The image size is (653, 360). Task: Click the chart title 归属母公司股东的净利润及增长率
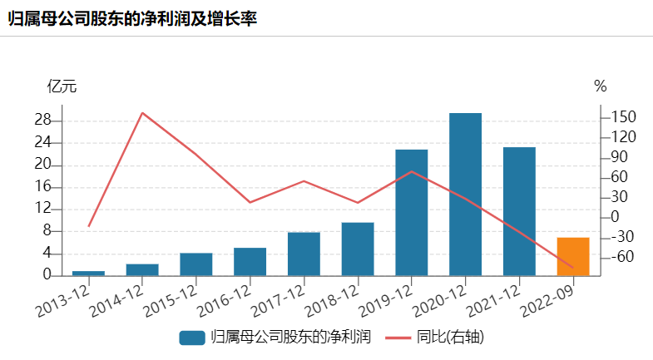[x=131, y=17]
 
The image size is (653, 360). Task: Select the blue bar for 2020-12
[x=465, y=194]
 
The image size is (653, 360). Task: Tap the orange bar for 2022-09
[x=573, y=256]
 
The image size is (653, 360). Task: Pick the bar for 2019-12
[x=411, y=212]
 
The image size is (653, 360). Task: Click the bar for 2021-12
[x=519, y=211]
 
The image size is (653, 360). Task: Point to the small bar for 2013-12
[x=88, y=273]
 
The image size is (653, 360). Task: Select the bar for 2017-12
[x=304, y=254]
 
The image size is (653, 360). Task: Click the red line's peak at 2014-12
[x=142, y=112]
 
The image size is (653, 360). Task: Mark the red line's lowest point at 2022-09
[x=573, y=268]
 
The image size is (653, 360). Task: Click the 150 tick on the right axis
[x=623, y=117]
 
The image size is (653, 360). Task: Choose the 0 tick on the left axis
[x=47, y=275]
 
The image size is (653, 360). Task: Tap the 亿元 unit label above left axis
[x=62, y=86]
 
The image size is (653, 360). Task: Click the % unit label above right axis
[x=601, y=86]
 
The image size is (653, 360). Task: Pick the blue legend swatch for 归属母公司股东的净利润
[x=191, y=337]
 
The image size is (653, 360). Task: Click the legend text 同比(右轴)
[x=452, y=337]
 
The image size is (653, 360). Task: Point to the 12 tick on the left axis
[x=43, y=209]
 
